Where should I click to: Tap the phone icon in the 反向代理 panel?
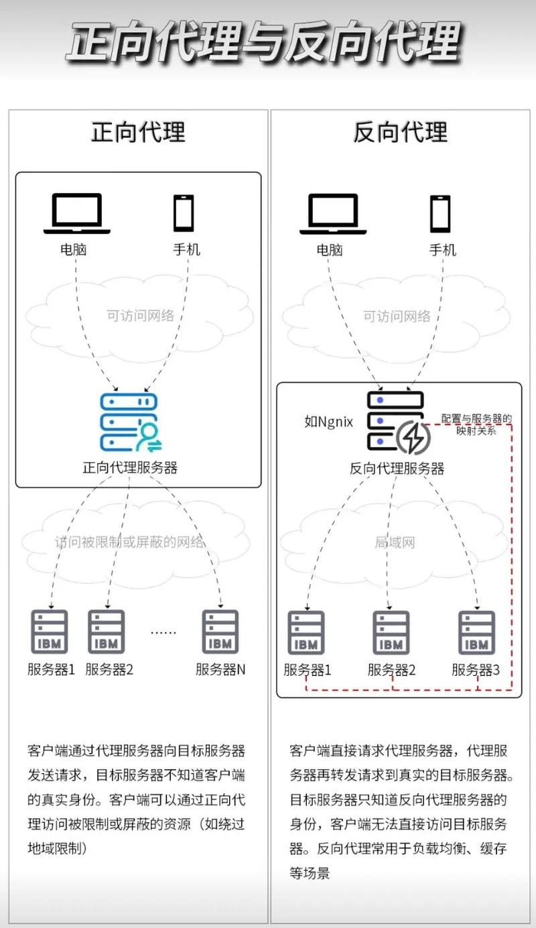tap(440, 213)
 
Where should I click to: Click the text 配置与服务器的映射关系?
tap(477, 425)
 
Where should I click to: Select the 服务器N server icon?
tap(220, 632)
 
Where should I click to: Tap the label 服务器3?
tap(476, 669)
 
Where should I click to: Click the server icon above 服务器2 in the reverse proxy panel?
tap(391, 633)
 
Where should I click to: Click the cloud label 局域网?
tap(395, 542)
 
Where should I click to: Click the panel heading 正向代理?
tap(138, 132)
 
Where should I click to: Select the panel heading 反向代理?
tap(401, 132)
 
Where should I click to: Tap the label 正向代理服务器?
tap(130, 467)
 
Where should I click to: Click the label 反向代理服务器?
tap(397, 468)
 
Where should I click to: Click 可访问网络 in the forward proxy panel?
tap(141, 315)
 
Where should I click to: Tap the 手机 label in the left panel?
tap(186, 249)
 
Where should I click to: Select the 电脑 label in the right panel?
tap(330, 249)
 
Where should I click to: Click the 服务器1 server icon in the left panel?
tap(50, 632)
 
